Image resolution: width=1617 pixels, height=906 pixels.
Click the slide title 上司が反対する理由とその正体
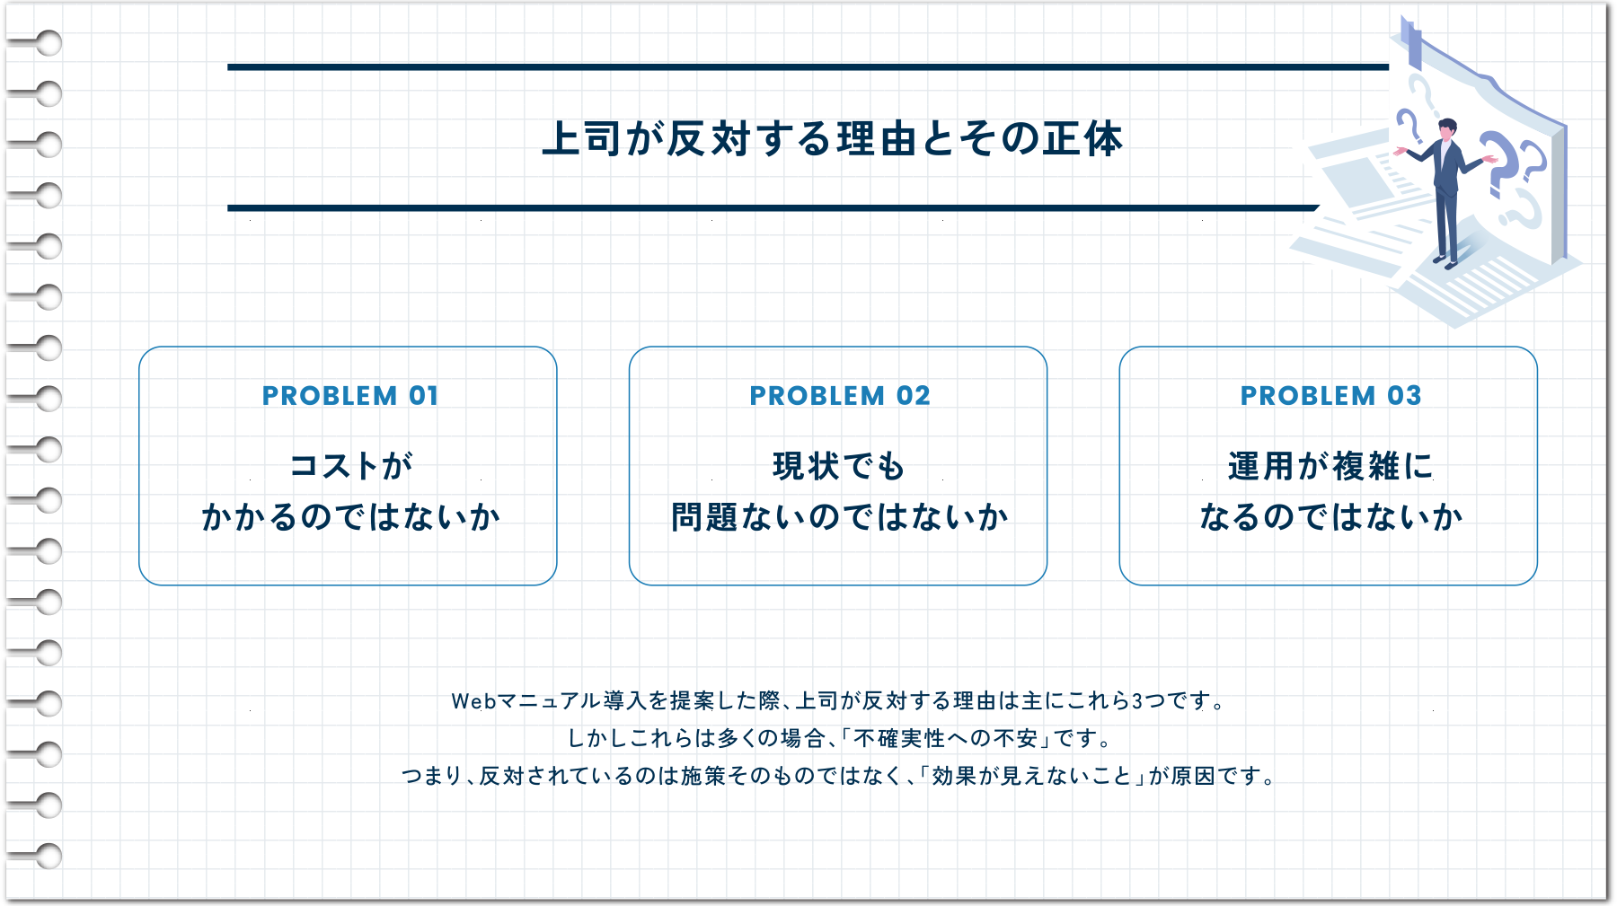[832, 139]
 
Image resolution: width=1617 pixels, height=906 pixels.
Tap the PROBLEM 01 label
[349, 396]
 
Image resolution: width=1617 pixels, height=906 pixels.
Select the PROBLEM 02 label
[839, 396]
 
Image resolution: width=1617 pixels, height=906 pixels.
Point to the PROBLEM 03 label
[1330, 396]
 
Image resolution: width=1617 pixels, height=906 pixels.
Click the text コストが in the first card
[350, 466]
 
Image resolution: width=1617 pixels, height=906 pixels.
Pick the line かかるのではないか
[350, 517]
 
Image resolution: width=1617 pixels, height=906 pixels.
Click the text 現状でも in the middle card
[838, 466]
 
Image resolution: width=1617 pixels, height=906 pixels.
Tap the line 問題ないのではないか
[839, 517]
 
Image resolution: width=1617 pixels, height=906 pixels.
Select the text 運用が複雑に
[1330, 466]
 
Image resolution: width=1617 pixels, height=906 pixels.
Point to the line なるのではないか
[1330, 517]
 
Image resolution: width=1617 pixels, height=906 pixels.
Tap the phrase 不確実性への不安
[945, 739]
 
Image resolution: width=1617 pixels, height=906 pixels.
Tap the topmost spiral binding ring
[49, 42]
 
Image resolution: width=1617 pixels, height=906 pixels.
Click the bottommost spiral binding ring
[49, 857]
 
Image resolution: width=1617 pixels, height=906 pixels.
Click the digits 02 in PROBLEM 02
[913, 396]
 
